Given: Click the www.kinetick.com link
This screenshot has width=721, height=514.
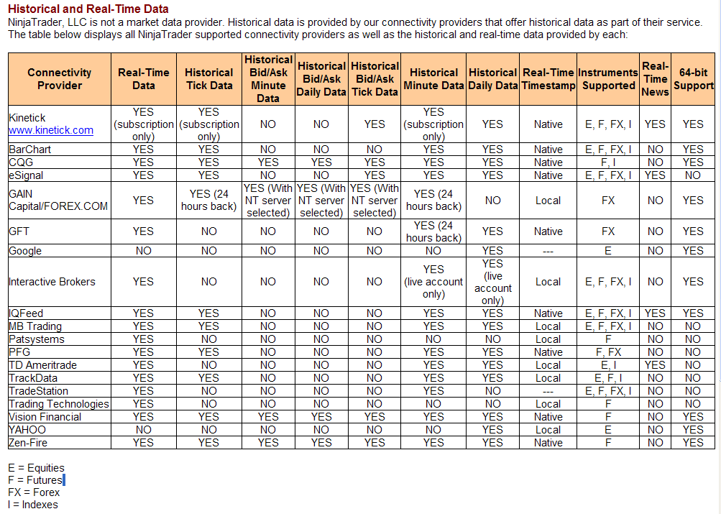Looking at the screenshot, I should (x=51, y=130).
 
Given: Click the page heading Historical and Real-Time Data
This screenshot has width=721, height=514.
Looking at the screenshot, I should (x=88, y=9).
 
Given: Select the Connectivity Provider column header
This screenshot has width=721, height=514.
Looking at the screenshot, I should (x=60, y=79).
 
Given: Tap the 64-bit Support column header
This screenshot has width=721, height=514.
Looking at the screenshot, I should (x=693, y=79).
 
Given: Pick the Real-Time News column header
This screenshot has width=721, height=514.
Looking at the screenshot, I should (x=655, y=79).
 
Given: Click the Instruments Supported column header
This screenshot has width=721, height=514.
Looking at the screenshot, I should (x=608, y=79).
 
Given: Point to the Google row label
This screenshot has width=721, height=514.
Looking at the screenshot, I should (x=25, y=251).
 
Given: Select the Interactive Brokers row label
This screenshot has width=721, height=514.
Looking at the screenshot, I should (x=52, y=282).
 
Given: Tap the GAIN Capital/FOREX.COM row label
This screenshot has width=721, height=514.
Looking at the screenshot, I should (x=58, y=200).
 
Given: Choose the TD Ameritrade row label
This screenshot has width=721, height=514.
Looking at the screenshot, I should (x=42, y=365).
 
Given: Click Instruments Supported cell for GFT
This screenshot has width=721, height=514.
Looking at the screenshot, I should (x=608, y=231).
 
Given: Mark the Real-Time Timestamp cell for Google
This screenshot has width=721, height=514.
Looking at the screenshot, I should (x=548, y=251).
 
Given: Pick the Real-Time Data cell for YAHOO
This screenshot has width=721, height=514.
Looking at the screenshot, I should (x=143, y=430).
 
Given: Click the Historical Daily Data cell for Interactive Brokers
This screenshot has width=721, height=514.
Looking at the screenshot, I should (x=492, y=282).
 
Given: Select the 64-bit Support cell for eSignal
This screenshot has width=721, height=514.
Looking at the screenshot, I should (x=693, y=175).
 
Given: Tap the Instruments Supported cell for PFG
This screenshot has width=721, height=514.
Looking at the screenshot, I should (x=608, y=352).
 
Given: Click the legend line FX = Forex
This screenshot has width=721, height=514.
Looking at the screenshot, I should (x=34, y=492).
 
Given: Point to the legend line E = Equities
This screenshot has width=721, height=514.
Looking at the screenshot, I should (x=36, y=468).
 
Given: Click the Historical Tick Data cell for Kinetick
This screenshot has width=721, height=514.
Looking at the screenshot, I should (x=208, y=124).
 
